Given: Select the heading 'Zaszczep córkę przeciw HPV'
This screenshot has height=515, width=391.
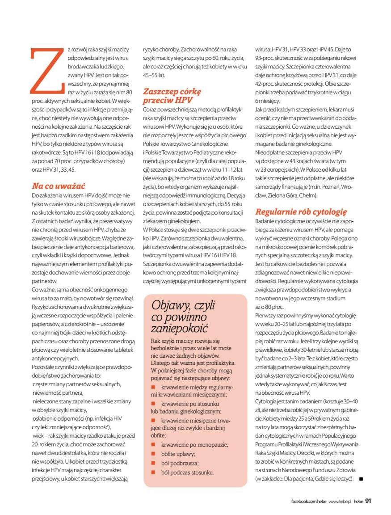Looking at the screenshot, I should pos(172,96).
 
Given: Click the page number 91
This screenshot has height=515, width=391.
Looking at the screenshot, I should pos(368,501).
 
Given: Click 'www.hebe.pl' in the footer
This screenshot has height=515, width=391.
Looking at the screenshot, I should pos(340,501).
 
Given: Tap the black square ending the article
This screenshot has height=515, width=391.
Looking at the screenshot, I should pos(360,479).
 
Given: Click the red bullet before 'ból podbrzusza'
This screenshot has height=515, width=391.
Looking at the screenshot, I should pos(153,463).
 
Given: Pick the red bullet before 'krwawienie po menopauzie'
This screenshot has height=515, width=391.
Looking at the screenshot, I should pos(153,444).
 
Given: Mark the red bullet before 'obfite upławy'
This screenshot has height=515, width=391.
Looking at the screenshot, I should pos(153,453).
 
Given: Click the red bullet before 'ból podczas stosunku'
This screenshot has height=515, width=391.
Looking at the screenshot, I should pos(153,472).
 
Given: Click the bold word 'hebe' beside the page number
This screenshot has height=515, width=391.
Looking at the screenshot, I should pos(358,501).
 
